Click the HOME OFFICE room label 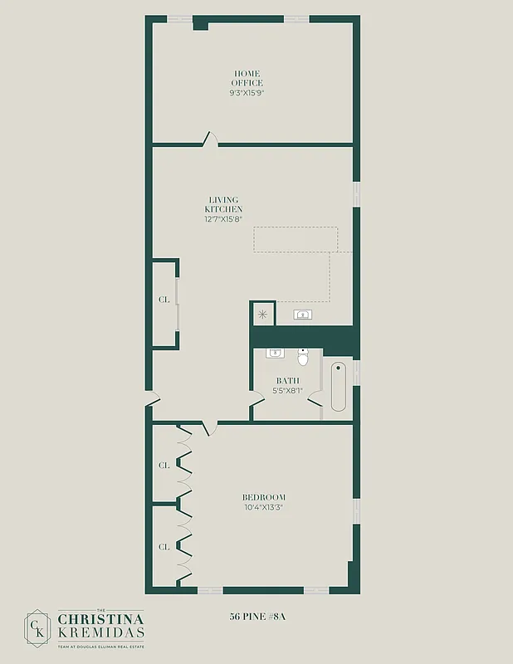(x=247, y=78)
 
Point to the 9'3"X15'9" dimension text (x=247, y=93)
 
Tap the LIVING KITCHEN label (x=223, y=204)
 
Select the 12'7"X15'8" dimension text (x=223, y=220)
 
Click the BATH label (x=287, y=381)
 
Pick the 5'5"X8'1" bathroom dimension (x=287, y=390)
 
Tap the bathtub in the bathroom (x=339, y=387)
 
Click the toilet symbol (x=303, y=358)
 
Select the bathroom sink (x=275, y=354)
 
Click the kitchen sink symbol (x=303, y=315)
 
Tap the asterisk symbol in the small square (x=263, y=314)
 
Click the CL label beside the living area (x=164, y=300)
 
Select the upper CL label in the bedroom (x=164, y=466)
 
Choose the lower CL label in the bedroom (x=164, y=547)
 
